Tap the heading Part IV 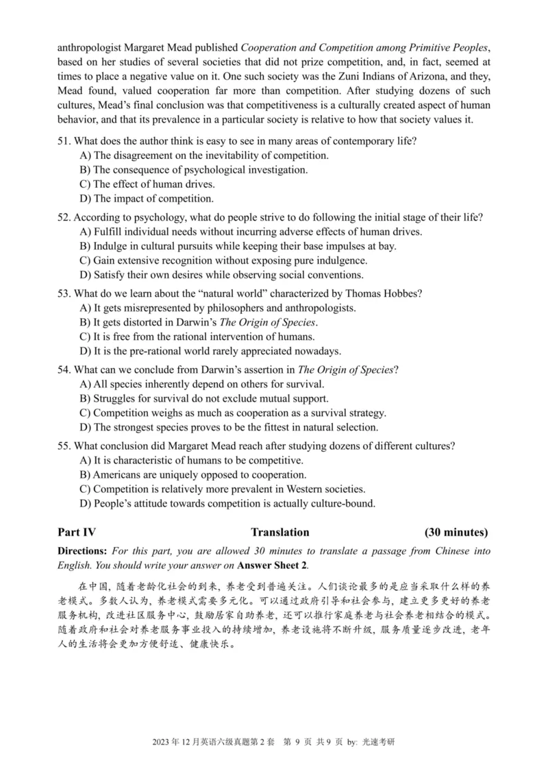(77, 532)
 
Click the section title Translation (279, 532)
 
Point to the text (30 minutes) (456, 532)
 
